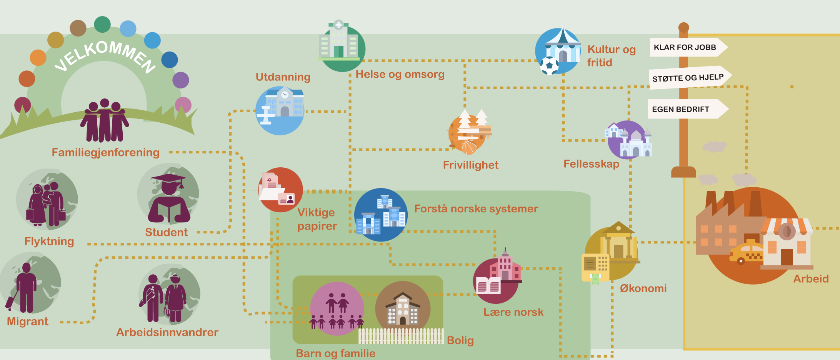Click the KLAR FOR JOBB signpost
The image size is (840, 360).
(688, 47)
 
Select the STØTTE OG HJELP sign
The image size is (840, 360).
(690, 78)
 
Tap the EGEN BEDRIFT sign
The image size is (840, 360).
(688, 109)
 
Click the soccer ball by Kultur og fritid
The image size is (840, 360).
(550, 65)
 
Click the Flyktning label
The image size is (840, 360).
(49, 241)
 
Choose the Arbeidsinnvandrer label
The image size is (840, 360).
(167, 332)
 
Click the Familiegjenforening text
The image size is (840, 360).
(106, 152)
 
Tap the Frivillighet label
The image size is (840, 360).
(471, 165)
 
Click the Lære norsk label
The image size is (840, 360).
(513, 312)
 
